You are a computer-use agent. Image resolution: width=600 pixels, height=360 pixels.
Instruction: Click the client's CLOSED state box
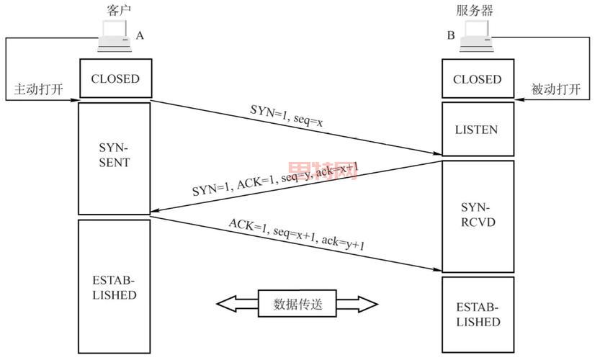(x=115, y=78)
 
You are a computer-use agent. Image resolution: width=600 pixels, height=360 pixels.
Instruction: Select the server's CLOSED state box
(x=477, y=78)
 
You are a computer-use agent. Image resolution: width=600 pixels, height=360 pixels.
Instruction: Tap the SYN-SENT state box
(x=115, y=158)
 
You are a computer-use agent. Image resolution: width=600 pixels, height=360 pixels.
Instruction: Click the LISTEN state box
(x=477, y=130)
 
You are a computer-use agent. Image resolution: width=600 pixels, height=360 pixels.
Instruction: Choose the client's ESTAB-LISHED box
(x=115, y=287)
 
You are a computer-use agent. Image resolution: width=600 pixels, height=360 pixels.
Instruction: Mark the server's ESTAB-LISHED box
(x=477, y=314)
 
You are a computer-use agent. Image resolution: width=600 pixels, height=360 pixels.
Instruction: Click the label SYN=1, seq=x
(x=287, y=117)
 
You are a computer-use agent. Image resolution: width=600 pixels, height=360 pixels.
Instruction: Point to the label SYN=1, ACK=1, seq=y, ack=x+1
(x=275, y=181)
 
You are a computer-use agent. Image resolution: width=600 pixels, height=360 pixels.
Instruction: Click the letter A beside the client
(x=140, y=35)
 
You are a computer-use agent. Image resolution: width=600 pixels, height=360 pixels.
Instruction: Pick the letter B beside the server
(x=451, y=35)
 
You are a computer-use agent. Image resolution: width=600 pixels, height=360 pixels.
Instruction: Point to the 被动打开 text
(x=555, y=90)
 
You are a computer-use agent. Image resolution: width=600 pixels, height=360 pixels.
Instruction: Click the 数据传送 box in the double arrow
(x=297, y=304)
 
